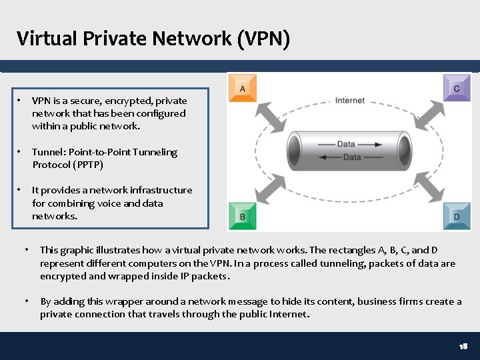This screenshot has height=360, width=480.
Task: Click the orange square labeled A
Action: click(x=243, y=88)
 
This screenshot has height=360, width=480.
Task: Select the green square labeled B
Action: click(x=243, y=216)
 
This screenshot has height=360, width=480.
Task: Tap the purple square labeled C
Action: click(x=457, y=88)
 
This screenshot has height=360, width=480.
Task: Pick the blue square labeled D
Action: click(x=457, y=216)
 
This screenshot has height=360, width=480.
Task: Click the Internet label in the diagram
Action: click(x=350, y=101)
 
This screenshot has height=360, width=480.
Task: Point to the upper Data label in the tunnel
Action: click(x=346, y=144)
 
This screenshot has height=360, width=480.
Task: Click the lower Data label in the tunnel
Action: click(x=352, y=157)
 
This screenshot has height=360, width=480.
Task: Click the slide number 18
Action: click(x=463, y=347)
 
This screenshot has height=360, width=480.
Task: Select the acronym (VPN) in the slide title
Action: click(x=263, y=39)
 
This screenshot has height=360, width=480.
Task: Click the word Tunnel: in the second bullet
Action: click(x=49, y=152)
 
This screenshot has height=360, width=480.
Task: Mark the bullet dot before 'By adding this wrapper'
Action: click(x=27, y=301)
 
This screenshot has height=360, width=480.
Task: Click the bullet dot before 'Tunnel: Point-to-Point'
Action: click(x=19, y=152)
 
